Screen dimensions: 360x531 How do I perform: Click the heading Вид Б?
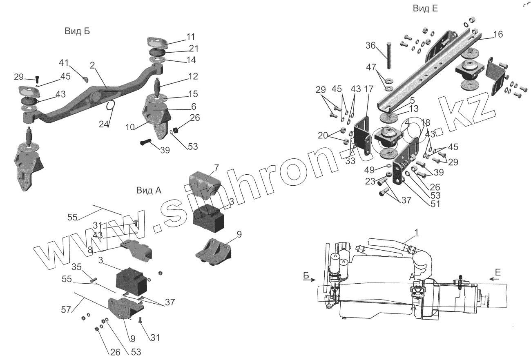[77, 31]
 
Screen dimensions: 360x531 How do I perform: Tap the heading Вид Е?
[425, 9]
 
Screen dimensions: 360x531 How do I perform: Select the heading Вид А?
[149, 190]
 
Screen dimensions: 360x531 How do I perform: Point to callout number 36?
[370, 46]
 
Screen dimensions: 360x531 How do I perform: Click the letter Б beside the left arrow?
[306, 275]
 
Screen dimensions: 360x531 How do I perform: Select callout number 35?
[77, 267]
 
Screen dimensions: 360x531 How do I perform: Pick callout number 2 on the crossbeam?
[92, 65]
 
